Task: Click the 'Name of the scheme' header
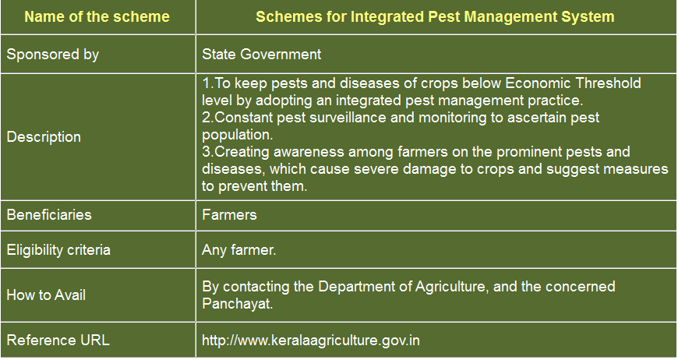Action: coord(97,17)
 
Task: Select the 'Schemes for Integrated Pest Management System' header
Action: coord(435,17)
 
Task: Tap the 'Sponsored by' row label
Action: coord(53,55)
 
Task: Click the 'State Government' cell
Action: coord(261,54)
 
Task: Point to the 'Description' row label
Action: coord(44,137)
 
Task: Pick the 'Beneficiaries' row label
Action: coord(49,215)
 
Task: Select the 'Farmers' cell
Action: coord(229,215)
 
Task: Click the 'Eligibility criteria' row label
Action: coord(58,250)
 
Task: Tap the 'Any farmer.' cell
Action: coord(238,250)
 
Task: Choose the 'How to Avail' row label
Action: coord(46,295)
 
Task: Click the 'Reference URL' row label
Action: coord(58,340)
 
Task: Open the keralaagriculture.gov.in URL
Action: coord(310,340)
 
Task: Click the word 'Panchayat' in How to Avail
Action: coord(238,303)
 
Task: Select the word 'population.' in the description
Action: coord(238,135)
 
